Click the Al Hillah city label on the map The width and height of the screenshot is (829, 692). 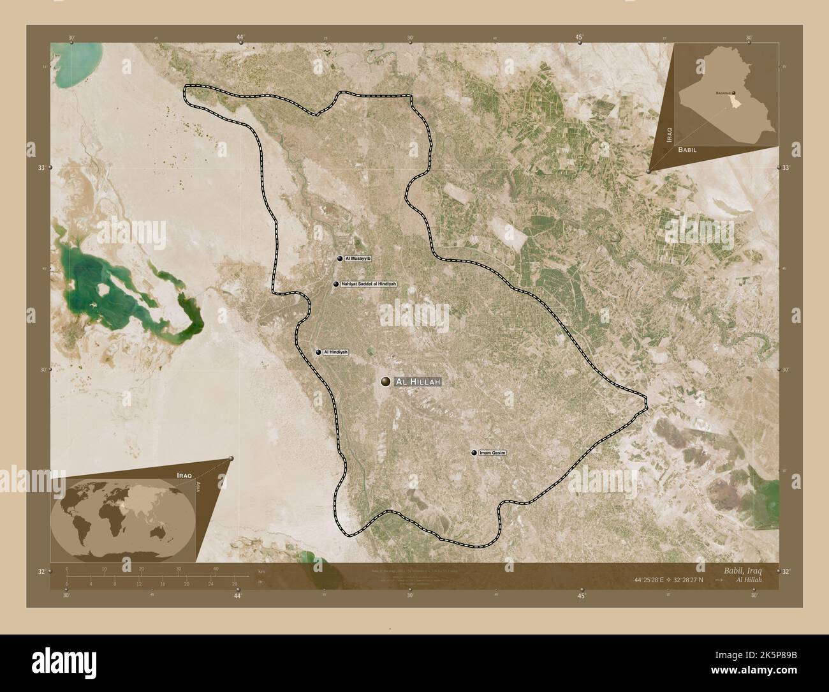coord(418,382)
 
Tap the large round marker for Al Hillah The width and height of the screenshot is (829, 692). coord(385,382)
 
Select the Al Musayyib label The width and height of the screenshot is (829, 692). coord(358,259)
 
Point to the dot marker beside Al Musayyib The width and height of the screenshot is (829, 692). coord(340,259)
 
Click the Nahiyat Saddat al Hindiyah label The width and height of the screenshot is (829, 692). coord(369,283)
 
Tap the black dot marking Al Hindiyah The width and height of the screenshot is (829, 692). coord(318,352)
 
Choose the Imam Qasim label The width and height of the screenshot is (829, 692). coord(493,453)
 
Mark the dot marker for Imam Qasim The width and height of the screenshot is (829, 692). coord(474,453)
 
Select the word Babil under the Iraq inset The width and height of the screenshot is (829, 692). coord(687,149)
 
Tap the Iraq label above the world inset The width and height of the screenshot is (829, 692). coord(184,476)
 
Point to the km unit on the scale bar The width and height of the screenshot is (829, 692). coord(261,571)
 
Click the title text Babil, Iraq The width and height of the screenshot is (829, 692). coord(738,569)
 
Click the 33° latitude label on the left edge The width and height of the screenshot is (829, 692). coord(41,167)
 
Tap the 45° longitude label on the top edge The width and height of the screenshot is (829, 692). coord(580,38)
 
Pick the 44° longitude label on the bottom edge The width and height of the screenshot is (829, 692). coord(237,596)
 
